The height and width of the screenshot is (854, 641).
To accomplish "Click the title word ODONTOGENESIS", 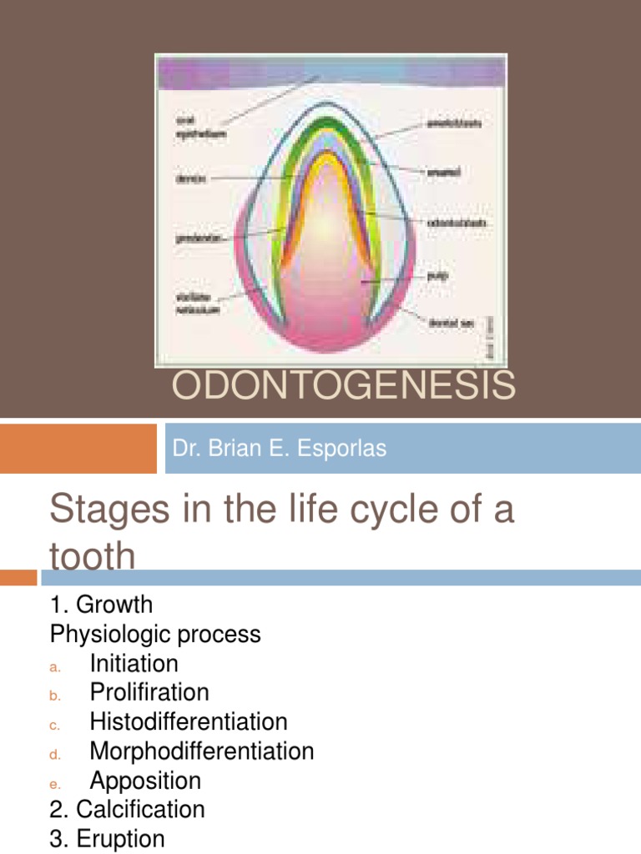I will (343, 386).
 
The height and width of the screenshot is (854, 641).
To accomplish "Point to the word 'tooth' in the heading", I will (92, 556).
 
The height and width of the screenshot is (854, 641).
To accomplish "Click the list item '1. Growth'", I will (101, 604).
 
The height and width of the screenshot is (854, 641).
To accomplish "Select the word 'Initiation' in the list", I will (134, 664).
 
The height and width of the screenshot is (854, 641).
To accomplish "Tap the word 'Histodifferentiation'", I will (189, 722).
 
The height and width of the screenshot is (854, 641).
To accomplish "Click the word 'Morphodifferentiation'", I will (202, 751).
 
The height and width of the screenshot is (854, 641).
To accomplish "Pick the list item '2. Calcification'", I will (127, 809).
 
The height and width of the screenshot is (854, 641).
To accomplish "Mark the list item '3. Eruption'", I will (107, 838).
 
